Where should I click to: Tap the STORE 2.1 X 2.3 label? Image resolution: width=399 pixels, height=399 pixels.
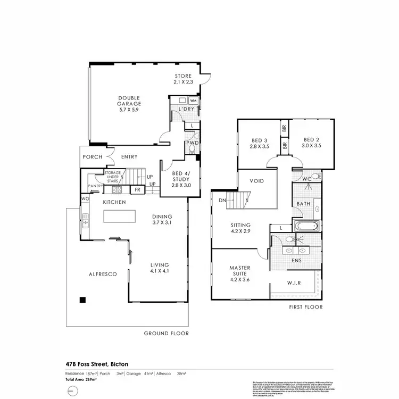pos(182,79)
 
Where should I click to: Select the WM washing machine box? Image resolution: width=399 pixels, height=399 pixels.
pos(193,101)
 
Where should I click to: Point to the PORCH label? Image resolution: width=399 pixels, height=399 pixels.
pos(93,157)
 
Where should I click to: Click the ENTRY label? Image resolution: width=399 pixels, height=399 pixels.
pos(129,157)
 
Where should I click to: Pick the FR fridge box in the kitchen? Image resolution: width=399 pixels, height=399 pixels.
pos(137,189)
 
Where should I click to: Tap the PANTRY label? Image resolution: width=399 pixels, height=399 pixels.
pos(96,186)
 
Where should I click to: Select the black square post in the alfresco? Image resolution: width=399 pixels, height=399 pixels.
pos(82,300)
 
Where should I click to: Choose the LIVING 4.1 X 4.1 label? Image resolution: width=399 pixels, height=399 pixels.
pos(159,268)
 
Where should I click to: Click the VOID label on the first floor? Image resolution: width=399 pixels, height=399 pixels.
pos(257,181)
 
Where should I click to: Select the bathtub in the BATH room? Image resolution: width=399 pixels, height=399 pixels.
pos(306,226)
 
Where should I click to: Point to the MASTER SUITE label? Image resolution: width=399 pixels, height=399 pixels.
pos(239,271)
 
